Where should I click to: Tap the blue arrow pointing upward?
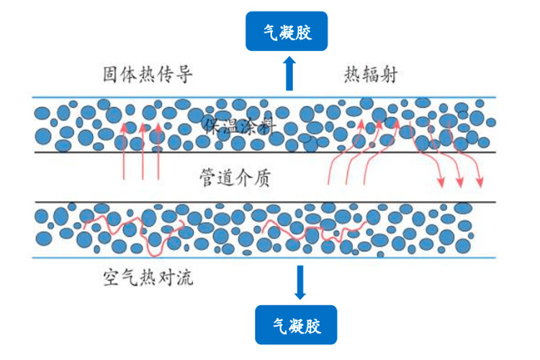[x=289, y=73]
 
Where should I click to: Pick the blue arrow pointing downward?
[x=300, y=282]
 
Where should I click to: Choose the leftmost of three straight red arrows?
[x=124, y=151]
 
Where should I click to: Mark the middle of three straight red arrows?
[x=143, y=151]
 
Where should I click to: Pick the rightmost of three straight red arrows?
[x=158, y=151]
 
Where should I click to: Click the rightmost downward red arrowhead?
[x=480, y=181]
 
